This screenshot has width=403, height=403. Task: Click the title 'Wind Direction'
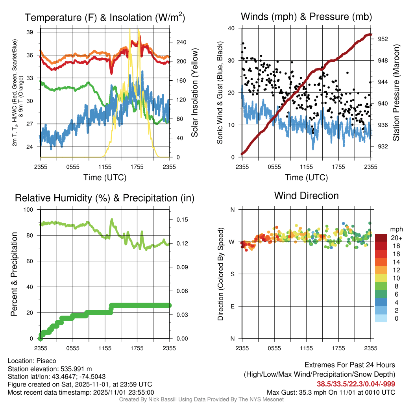306,196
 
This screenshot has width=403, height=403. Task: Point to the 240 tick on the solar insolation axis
181,42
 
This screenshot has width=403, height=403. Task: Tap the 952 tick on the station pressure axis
383,39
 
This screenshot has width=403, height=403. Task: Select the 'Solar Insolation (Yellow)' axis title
194,93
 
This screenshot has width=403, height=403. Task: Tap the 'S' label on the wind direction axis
233,274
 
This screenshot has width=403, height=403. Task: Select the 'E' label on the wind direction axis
233,306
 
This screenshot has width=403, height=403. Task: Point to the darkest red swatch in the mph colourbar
381,238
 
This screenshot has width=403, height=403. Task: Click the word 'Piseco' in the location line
46,361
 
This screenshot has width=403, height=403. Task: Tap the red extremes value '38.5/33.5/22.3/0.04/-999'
356,384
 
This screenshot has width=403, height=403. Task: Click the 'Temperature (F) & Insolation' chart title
105,18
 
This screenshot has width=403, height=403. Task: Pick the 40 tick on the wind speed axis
232,28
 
